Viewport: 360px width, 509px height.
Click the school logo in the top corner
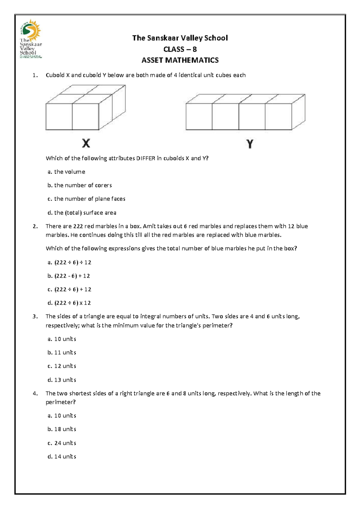click(x=31, y=39)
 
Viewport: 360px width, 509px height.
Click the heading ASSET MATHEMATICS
click(x=180, y=60)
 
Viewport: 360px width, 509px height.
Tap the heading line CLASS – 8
click(x=180, y=49)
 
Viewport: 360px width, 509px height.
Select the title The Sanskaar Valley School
click(x=180, y=38)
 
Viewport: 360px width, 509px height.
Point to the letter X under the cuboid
click(x=86, y=143)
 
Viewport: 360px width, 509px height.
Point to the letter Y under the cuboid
click(x=250, y=144)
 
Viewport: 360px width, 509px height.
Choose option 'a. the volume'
click(x=66, y=172)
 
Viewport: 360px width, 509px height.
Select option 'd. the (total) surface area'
click(x=82, y=213)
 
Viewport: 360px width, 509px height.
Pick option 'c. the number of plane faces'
click(x=86, y=199)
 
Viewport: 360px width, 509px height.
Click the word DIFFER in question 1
click(x=145, y=158)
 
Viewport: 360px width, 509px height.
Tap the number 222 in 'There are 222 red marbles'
click(x=78, y=226)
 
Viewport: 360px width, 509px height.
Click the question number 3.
click(x=35, y=317)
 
